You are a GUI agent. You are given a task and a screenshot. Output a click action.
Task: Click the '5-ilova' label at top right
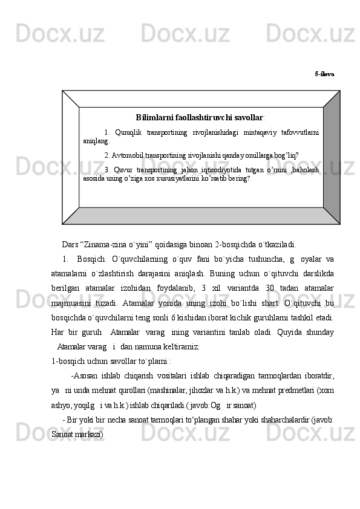(324, 74)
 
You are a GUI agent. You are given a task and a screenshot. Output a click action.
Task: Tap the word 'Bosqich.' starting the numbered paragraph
(91, 260)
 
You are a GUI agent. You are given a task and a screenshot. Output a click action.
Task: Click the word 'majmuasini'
(71, 302)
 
